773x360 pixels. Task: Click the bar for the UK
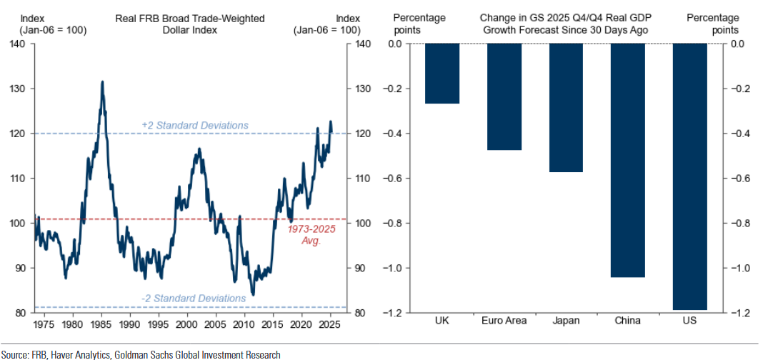442,74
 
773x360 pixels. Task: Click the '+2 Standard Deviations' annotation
195,126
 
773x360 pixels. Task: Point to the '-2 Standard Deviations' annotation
194,298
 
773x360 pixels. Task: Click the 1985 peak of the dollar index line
102,82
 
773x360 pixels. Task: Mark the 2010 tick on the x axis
244,324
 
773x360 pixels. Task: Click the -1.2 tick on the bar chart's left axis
394,313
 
